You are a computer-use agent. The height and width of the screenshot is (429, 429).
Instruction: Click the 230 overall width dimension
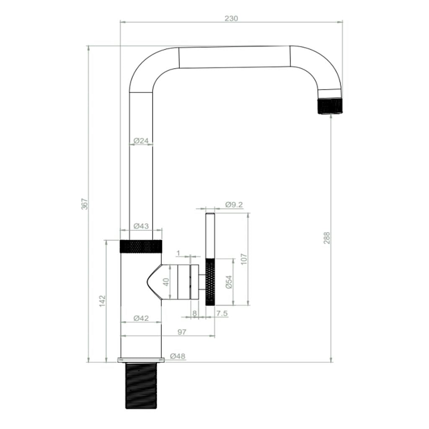click(x=231, y=18)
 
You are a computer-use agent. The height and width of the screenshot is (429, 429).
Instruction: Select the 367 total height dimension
click(x=85, y=204)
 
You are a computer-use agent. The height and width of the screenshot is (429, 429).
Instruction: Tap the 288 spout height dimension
click(x=327, y=238)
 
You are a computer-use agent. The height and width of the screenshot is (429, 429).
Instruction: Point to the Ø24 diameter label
click(x=141, y=141)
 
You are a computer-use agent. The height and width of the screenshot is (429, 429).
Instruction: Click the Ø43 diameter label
click(x=141, y=226)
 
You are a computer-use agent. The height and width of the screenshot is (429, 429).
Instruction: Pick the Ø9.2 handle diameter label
click(x=234, y=205)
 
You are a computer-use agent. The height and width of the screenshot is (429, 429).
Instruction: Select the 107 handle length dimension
click(x=244, y=259)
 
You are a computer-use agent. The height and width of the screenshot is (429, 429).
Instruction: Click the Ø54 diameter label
click(x=229, y=282)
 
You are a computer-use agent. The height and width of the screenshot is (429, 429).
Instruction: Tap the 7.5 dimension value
click(x=222, y=313)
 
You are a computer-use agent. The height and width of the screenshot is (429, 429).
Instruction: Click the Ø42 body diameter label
click(x=141, y=318)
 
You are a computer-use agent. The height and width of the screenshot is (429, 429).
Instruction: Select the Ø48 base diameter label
click(x=178, y=357)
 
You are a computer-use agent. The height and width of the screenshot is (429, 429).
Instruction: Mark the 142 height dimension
click(x=103, y=301)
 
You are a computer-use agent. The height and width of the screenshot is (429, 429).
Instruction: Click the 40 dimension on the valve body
click(x=166, y=282)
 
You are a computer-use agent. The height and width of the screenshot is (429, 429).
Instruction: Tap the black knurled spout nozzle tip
click(x=331, y=106)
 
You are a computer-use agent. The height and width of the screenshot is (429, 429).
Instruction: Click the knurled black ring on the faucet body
click(x=141, y=247)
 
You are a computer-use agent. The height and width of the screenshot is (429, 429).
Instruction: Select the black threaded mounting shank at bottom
click(x=141, y=385)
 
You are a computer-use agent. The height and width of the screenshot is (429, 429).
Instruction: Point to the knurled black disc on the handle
click(x=210, y=282)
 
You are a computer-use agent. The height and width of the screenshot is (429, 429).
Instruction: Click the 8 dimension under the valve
click(x=194, y=313)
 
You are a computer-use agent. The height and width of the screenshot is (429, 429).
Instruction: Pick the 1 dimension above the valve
click(x=179, y=253)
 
